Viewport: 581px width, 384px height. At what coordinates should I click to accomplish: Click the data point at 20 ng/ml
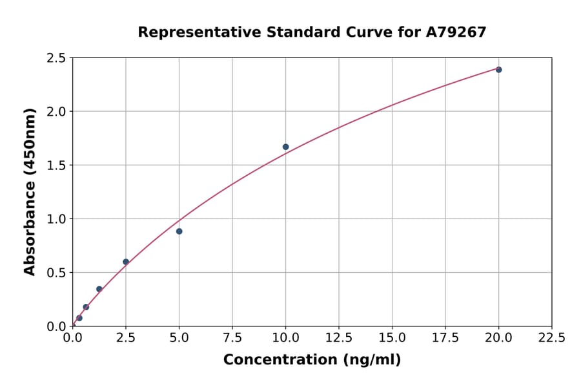point(498,70)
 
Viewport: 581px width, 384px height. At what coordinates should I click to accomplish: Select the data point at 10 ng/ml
point(286,147)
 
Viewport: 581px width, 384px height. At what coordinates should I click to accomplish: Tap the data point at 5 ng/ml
point(179,231)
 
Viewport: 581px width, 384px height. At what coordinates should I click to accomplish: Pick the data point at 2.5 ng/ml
point(126,262)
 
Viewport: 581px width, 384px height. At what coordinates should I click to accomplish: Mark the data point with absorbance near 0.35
point(99,289)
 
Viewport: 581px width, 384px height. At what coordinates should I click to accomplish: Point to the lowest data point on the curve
point(79,318)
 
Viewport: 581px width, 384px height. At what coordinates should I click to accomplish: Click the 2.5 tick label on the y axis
point(57,58)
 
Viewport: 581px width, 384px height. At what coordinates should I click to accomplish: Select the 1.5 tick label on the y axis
point(57,165)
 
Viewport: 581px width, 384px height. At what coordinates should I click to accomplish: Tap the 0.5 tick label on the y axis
point(57,273)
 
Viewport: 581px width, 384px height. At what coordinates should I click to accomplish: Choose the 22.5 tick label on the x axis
point(551,338)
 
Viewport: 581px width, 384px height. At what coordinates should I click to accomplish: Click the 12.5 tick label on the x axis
point(339,338)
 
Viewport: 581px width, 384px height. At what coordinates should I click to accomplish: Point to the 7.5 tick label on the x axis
point(232,338)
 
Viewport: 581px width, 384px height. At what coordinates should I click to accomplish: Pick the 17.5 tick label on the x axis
point(445,338)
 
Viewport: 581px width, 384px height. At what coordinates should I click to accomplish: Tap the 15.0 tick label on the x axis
point(392,338)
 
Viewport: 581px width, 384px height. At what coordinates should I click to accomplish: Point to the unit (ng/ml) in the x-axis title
point(371,360)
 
